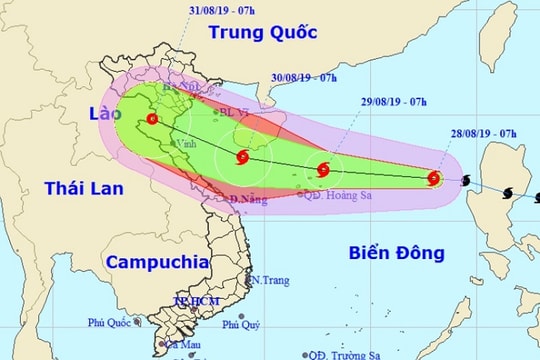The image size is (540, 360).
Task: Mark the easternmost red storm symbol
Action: (x=434, y=179)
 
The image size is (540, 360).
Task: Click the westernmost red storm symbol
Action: (x=151, y=120)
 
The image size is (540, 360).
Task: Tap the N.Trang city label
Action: (x=270, y=280)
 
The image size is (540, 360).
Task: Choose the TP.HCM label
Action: (x=193, y=300)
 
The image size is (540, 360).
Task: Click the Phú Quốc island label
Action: (x=110, y=324)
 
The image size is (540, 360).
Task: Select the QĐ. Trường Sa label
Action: (x=344, y=354)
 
